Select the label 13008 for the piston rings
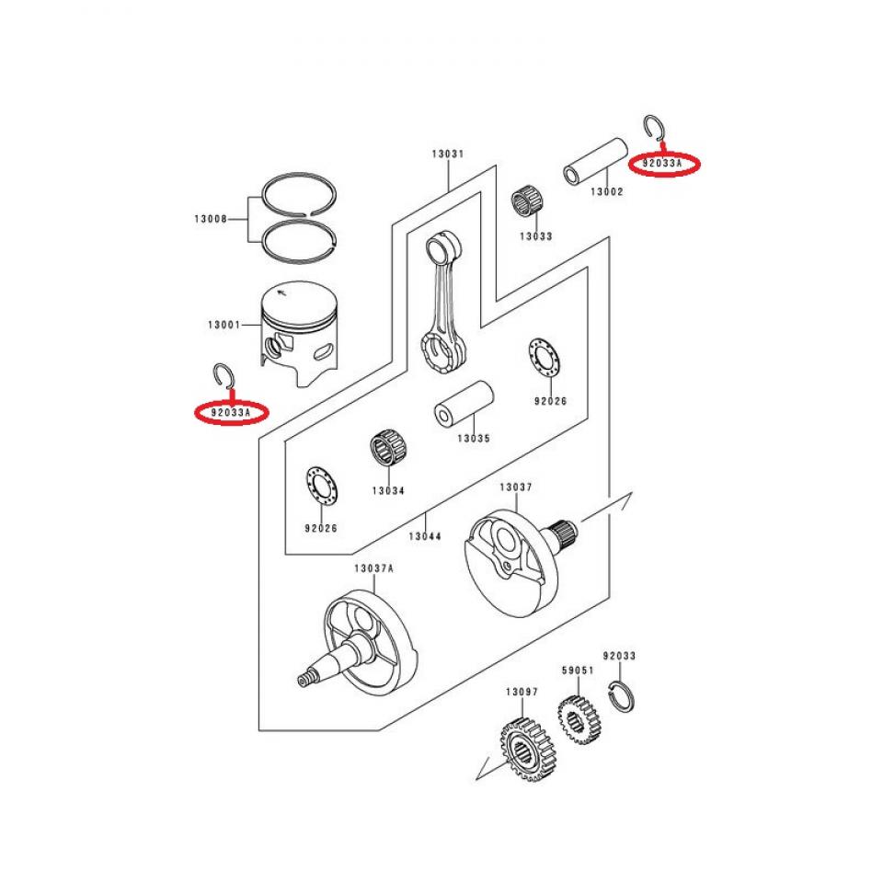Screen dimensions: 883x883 212,219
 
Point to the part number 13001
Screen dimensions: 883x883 224,325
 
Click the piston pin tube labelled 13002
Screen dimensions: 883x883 596,161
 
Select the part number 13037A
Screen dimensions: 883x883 373,568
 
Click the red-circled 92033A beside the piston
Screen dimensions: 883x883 230,413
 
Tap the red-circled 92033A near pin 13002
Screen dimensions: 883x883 663,165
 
